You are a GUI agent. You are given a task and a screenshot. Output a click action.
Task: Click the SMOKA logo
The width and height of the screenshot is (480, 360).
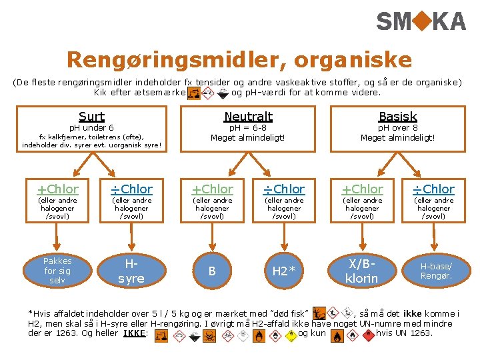coord(421,22)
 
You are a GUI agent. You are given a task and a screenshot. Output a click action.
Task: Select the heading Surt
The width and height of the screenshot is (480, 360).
coord(91,117)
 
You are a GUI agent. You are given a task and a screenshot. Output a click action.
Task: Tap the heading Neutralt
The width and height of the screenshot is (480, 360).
coord(248,117)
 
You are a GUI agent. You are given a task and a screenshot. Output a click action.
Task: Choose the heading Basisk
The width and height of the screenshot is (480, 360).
coord(397,117)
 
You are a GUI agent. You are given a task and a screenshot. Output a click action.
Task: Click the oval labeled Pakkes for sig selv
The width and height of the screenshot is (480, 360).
coord(57,271)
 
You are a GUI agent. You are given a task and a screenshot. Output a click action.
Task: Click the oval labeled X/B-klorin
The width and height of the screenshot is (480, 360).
coord(361,271)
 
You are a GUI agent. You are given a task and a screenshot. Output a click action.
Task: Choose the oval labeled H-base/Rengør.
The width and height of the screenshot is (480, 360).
coord(435,271)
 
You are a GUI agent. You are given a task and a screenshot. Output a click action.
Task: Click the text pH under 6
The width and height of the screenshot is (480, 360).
coord(91,128)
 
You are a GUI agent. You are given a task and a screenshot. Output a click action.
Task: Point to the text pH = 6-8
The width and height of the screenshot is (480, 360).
coord(248,128)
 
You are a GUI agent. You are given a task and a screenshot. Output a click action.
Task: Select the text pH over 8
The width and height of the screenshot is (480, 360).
coord(398,128)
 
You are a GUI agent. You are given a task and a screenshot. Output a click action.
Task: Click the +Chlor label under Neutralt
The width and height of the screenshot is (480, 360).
coord(213,189)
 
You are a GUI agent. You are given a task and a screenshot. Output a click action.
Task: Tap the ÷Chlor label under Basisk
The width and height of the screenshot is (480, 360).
coord(433,189)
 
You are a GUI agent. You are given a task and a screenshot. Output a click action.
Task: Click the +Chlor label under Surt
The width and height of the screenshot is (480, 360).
coord(57,189)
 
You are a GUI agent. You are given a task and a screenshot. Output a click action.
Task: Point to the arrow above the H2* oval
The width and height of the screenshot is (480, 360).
coord(285,233)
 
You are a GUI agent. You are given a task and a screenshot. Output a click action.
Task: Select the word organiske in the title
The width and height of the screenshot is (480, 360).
coord(348,60)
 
